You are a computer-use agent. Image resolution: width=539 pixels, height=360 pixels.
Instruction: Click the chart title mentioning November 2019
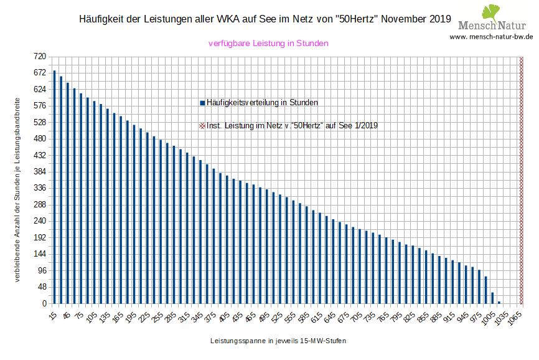(x=266, y=19)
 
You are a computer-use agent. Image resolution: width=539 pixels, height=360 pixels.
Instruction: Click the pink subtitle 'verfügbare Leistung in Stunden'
(x=268, y=44)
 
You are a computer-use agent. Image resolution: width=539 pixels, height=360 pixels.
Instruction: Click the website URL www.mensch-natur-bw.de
(x=491, y=37)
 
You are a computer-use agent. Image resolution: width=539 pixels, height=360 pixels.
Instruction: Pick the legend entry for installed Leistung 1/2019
(x=288, y=125)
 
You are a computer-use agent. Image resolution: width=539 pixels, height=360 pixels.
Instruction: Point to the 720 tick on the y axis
(x=40, y=56)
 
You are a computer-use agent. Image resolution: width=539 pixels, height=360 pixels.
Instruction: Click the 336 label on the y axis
(x=40, y=188)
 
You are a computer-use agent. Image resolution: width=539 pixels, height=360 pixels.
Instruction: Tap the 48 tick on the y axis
(x=42, y=287)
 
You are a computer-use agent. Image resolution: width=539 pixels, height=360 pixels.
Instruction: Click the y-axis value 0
(x=44, y=304)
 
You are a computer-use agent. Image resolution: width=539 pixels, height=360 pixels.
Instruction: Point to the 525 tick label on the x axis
(x=283, y=316)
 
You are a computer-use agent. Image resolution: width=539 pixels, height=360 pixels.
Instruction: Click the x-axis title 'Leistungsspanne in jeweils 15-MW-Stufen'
(x=278, y=341)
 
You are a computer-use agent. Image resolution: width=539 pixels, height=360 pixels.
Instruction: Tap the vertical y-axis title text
(x=17, y=189)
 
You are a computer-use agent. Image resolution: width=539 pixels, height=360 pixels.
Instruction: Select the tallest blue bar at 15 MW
(x=54, y=187)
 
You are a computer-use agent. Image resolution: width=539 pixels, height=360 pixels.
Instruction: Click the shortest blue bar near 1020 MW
(x=499, y=302)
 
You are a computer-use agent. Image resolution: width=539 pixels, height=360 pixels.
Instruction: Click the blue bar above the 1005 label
(x=485, y=290)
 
